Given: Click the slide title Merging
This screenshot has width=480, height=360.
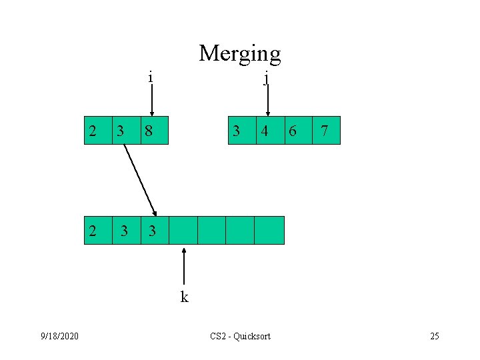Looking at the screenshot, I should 239,53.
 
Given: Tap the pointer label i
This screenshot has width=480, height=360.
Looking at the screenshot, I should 151,77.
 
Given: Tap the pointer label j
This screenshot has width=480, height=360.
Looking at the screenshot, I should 266,79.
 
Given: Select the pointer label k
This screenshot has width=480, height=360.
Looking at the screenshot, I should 184,297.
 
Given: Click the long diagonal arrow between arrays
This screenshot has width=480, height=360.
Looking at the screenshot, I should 139,179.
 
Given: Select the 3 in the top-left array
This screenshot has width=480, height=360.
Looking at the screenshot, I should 121,131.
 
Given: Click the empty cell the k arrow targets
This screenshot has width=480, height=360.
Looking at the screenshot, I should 183,231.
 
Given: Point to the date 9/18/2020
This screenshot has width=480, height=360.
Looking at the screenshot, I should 59,336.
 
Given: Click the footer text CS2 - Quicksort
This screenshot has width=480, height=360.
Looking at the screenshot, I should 240,336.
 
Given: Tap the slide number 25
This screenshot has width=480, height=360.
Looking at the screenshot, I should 435,336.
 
